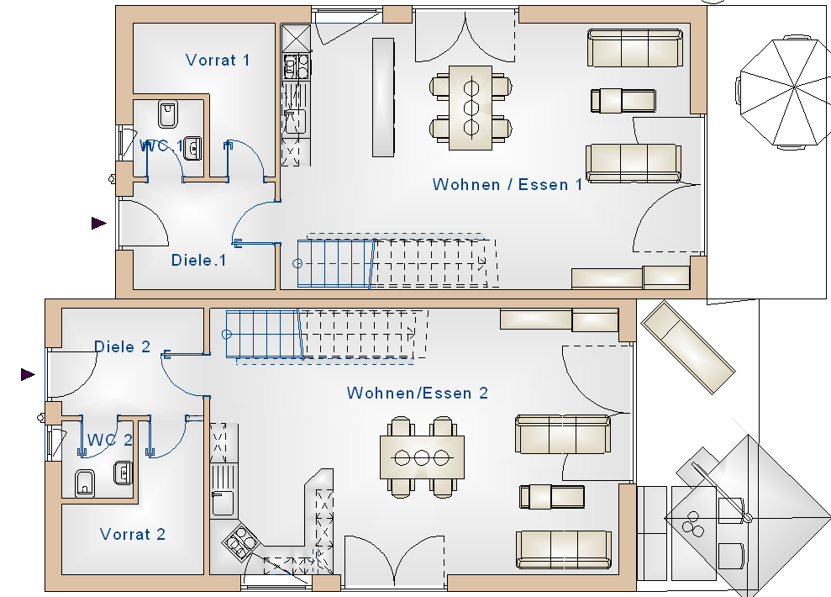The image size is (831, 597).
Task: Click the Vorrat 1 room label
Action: pos(218,60)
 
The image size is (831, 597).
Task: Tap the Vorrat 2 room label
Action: pos(133,534)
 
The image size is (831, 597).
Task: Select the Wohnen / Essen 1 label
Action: pos(508,184)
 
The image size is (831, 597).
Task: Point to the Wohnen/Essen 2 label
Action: pos(418,393)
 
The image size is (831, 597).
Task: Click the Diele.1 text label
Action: pos(199,260)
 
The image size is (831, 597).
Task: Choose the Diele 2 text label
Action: pos(123,346)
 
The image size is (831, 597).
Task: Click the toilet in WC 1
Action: pos(166,112)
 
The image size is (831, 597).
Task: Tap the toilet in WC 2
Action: pos(85,483)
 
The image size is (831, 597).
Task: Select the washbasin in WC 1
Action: pos(193,149)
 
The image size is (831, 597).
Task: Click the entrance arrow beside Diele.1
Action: pos(99,223)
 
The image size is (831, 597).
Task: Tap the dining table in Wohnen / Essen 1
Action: pos(471,108)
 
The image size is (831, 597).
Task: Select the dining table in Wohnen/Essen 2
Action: pos(422,457)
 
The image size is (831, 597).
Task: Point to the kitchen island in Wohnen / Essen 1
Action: pos(382,97)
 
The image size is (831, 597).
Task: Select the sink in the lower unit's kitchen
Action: pos(223,503)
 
